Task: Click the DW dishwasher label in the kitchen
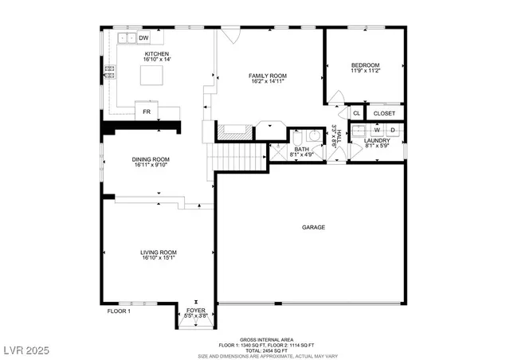coord(144,37)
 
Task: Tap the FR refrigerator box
coord(147,112)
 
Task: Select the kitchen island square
coord(151,75)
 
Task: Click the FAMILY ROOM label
coord(268,76)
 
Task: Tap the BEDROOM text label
coord(365,65)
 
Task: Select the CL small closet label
coord(346,113)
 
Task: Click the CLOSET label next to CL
coord(384,113)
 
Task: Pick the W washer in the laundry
coord(376,129)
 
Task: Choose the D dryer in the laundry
coord(392,129)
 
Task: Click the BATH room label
coord(301,149)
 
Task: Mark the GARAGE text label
coord(313,228)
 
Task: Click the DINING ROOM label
coord(151,159)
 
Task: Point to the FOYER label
coord(196,310)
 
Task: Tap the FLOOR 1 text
coord(119,311)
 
